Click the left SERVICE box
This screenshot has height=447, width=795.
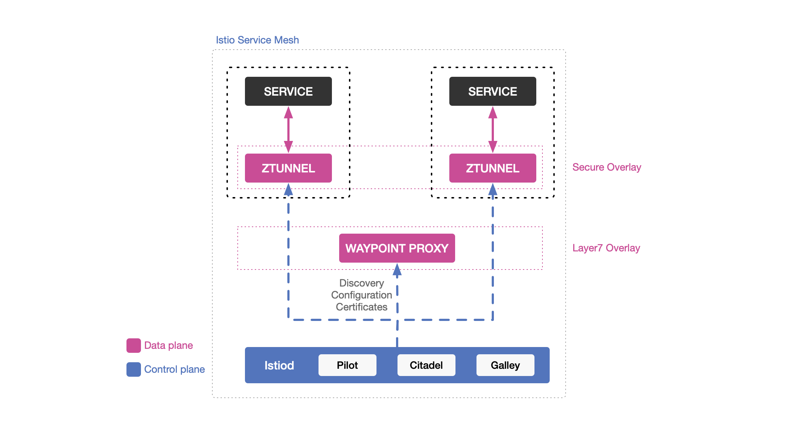point(288,91)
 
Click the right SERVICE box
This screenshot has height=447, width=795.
point(492,91)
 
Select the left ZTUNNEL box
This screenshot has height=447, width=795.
point(288,168)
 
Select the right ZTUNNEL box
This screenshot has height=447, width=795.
point(492,168)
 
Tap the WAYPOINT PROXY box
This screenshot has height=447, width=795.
point(397,248)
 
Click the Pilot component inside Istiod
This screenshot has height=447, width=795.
point(347,365)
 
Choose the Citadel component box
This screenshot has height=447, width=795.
point(426,365)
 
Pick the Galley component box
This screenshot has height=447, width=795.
point(505,365)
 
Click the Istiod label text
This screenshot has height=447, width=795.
point(279,365)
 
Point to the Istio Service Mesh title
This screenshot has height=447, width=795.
point(257,40)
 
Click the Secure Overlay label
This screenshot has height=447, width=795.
point(607,167)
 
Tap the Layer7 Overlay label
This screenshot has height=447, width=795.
point(606,248)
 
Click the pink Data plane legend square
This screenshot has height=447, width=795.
point(133,346)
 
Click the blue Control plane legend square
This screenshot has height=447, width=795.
point(133,369)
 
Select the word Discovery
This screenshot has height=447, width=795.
point(361,283)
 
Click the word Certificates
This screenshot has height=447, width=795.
point(361,307)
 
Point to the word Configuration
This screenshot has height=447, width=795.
point(361,295)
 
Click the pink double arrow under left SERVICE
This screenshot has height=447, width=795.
point(288,129)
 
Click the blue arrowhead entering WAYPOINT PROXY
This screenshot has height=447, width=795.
point(397,270)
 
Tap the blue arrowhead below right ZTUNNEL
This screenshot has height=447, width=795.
point(492,189)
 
